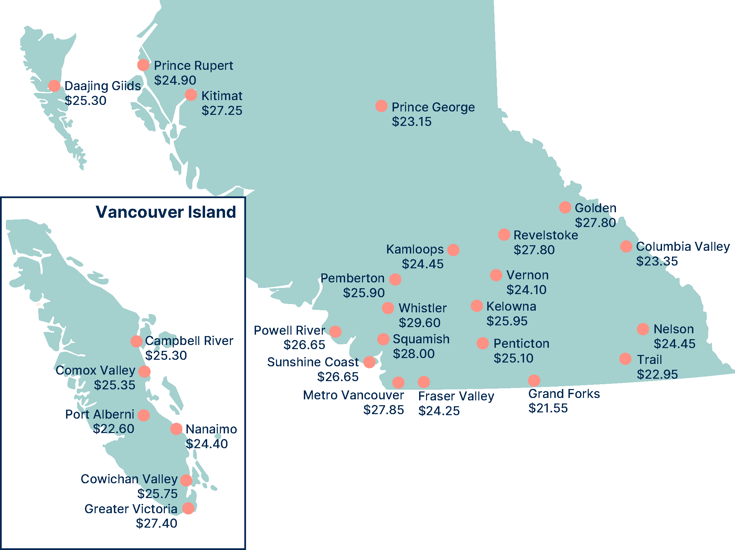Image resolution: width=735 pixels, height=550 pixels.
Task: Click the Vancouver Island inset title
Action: click(x=166, y=212)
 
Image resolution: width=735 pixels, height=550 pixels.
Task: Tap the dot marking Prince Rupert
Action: click(x=143, y=65)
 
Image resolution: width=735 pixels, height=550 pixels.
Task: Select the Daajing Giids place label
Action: click(x=103, y=86)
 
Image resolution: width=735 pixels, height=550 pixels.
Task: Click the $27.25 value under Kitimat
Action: click(x=222, y=110)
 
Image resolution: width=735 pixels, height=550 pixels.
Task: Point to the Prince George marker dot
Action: click(x=381, y=106)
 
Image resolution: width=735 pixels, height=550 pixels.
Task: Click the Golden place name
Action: click(x=596, y=208)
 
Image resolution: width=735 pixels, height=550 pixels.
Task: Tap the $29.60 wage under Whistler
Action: click(x=419, y=323)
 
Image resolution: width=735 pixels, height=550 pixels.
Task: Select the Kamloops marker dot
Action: click(x=453, y=250)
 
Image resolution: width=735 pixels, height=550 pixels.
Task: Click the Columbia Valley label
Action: click(x=683, y=246)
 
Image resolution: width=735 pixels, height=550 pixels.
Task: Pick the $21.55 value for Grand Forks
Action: click(x=548, y=408)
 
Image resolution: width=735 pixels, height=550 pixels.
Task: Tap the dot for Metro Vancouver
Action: click(x=398, y=382)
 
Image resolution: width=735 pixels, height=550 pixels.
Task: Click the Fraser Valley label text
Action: click(x=456, y=396)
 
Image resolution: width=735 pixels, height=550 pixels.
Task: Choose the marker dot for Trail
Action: click(x=625, y=359)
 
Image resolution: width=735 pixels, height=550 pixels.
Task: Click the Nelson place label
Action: click(x=673, y=329)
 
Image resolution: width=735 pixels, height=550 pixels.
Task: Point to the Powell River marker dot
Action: click(x=335, y=332)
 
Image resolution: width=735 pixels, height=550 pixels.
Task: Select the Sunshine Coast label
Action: click(x=313, y=362)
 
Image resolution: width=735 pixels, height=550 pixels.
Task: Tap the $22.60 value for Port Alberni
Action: click(x=114, y=429)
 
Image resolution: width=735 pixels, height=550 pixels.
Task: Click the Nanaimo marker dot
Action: click(x=176, y=429)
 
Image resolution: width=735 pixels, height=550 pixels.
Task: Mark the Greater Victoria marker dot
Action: click(x=188, y=508)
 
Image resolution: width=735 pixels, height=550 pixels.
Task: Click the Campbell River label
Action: click(x=189, y=341)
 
